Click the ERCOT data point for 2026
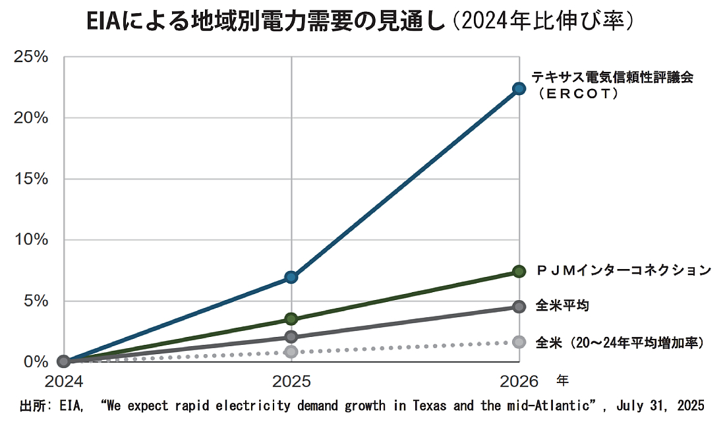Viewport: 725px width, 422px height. click(x=519, y=88)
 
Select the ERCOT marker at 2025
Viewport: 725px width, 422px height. click(x=291, y=277)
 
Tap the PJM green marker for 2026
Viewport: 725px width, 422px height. click(x=519, y=271)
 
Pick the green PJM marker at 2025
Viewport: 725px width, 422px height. click(x=291, y=319)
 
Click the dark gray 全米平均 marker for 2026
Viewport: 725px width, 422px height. click(x=519, y=307)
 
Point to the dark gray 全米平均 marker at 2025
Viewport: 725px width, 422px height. click(x=291, y=337)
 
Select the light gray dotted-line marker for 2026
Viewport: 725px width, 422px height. click(x=519, y=342)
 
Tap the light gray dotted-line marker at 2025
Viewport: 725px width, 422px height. click(x=291, y=351)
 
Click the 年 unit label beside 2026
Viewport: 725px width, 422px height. click(x=562, y=380)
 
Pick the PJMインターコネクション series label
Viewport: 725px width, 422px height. click(x=623, y=270)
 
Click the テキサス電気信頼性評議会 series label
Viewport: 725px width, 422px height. click(x=613, y=77)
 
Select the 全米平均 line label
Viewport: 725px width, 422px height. click(x=562, y=306)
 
